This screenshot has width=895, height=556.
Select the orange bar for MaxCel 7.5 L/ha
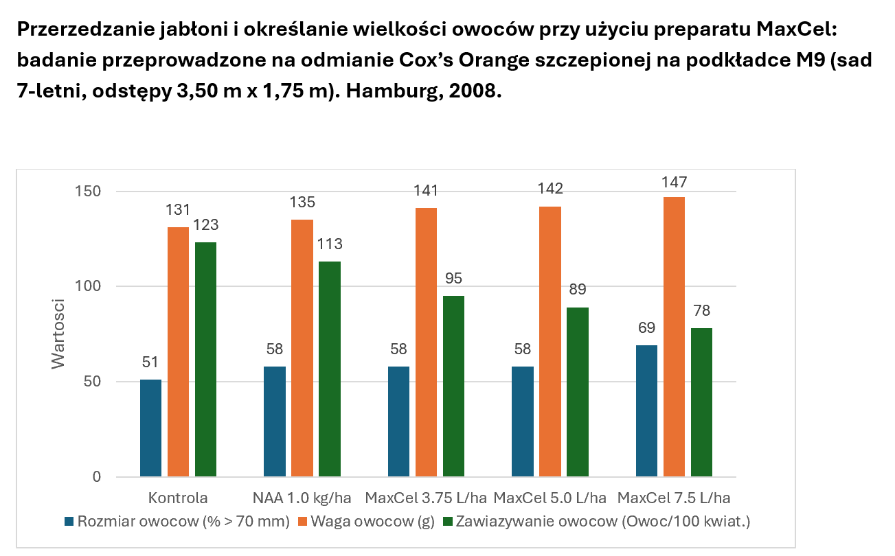click(674, 336)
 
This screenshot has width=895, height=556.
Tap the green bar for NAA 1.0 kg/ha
click(330, 369)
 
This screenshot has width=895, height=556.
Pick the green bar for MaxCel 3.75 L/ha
click(453, 386)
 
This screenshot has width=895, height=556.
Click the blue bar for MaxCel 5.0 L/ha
click(523, 421)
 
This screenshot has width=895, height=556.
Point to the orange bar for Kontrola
click(178, 351)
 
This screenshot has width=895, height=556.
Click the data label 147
click(674, 183)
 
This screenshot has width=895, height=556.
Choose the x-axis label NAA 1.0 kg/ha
click(302, 498)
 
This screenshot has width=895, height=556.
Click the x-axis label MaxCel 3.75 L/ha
click(426, 498)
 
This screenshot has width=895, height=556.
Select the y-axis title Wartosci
click(59, 333)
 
